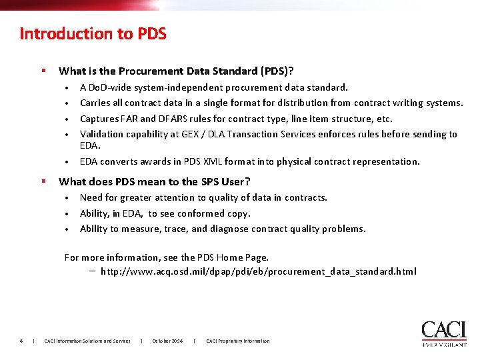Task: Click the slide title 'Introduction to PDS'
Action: pyautogui.click(x=93, y=33)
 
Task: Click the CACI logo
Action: pyautogui.click(x=443, y=333)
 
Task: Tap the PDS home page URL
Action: pyautogui.click(x=258, y=271)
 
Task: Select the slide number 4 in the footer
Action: pyautogui.click(x=21, y=341)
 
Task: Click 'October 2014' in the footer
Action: pyautogui.click(x=167, y=341)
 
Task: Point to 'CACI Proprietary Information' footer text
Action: pyautogui.click(x=238, y=341)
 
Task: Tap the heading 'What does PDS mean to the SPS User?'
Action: pyautogui.click(x=155, y=181)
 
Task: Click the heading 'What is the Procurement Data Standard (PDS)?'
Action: pyautogui.click(x=177, y=71)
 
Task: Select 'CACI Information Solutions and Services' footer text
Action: pyautogui.click(x=87, y=341)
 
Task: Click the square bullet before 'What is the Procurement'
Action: pyautogui.click(x=43, y=70)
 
